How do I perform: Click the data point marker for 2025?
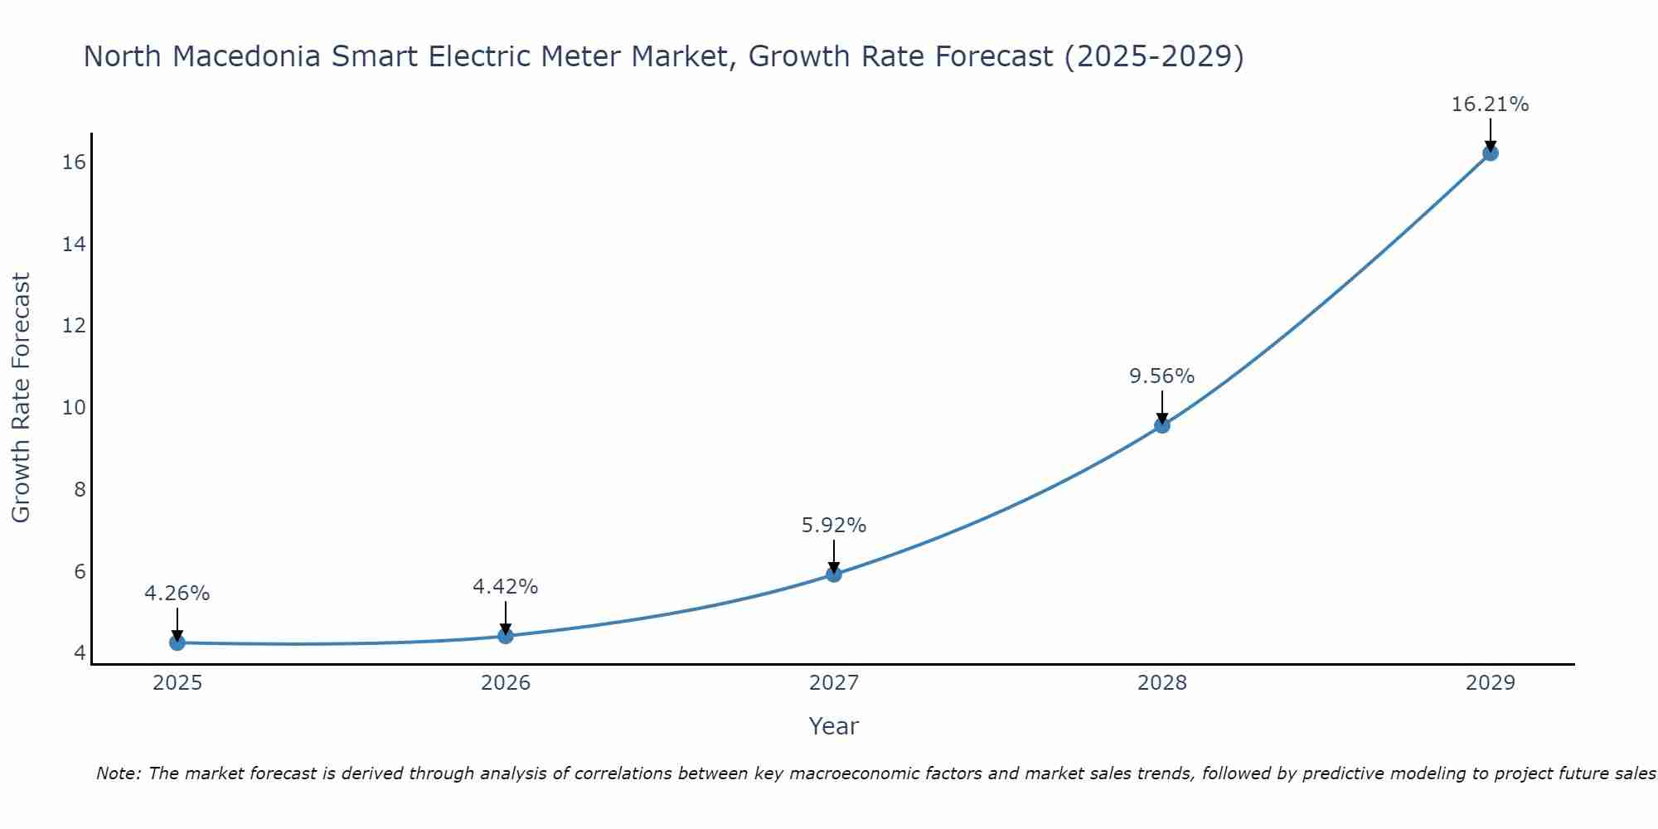(177, 642)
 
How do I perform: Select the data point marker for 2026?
(506, 636)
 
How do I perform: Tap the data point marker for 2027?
(834, 574)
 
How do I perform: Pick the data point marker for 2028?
(1162, 425)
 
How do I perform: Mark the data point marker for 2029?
(1491, 153)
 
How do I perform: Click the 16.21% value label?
(1490, 104)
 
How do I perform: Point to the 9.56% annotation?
(1161, 376)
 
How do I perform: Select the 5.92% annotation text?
(833, 526)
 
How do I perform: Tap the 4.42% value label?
(505, 587)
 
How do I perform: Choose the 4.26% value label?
(177, 594)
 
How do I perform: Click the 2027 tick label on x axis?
(834, 683)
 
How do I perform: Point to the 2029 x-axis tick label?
(1491, 683)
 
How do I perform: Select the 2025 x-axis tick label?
(177, 683)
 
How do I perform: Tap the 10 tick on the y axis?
(74, 408)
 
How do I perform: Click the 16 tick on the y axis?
(74, 162)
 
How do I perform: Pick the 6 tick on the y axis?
(80, 572)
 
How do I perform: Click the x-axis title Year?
(833, 726)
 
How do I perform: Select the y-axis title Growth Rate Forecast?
(21, 398)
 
